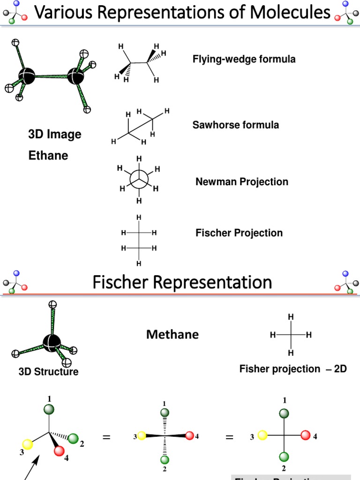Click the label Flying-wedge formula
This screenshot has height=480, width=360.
[244, 60]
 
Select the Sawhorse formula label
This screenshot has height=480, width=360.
[235, 125]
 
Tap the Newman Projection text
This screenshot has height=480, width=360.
[241, 182]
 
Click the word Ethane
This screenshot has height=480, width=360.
[48, 156]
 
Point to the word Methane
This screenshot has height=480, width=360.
[172, 335]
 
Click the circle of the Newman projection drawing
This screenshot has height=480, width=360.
[139, 178]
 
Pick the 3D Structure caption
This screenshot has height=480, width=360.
[48, 372]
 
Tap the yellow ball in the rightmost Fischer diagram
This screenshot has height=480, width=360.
[262, 436]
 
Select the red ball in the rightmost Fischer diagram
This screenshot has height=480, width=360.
[306, 435]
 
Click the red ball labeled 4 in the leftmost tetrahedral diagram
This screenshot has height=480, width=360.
[60, 451]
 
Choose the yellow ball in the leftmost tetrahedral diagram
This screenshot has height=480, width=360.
[28, 444]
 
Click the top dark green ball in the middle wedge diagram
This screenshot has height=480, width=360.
[165, 412]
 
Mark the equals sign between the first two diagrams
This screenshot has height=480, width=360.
[106, 437]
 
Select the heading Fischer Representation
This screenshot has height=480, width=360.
[182, 283]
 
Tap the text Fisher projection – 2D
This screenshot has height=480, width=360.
[293, 369]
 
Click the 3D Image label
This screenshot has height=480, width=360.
[54, 135]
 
